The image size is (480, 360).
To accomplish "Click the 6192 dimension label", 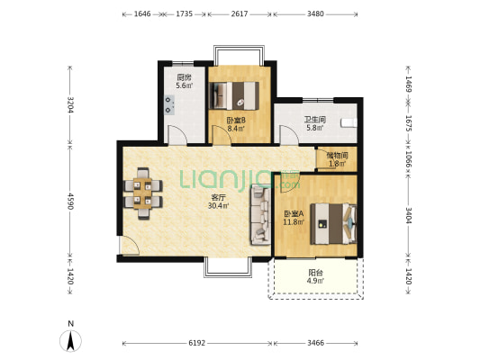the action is pyautogui.click(x=197, y=343).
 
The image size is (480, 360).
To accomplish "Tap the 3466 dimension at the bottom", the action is pyautogui.click(x=315, y=343).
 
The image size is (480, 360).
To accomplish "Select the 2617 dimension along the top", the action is pyautogui.click(x=240, y=13).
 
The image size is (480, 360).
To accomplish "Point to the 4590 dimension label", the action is pyautogui.click(x=71, y=201).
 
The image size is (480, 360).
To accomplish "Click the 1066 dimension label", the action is pyautogui.click(x=408, y=159).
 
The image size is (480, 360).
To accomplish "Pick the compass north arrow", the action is pyautogui.click(x=71, y=341).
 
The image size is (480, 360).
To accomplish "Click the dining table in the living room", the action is pyautogui.click(x=143, y=193).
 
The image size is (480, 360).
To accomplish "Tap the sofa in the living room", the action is pyautogui.click(x=261, y=215).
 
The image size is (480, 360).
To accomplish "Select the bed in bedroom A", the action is pyautogui.click(x=334, y=224).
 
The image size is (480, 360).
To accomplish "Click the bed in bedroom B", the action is pyautogui.click(x=234, y=95).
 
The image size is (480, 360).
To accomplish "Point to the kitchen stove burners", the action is pyautogui.click(x=168, y=104).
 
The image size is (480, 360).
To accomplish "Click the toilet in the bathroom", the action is pyautogui.click(x=349, y=122).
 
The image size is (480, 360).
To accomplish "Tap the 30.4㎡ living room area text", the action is pyautogui.click(x=219, y=206).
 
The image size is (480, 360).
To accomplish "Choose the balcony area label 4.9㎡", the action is pyautogui.click(x=316, y=281).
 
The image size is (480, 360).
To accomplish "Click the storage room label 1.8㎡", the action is pyautogui.click(x=338, y=164).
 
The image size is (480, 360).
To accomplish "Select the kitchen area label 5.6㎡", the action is pyautogui.click(x=185, y=85).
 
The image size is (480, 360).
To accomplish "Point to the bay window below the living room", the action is pyautogui.click(x=228, y=268).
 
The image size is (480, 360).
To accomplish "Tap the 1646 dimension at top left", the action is pyautogui.click(x=142, y=13).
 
